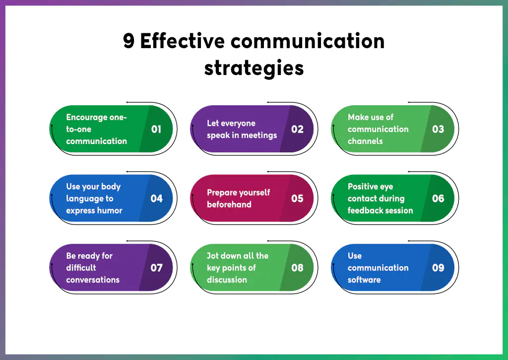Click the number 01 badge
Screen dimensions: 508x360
point(156,129)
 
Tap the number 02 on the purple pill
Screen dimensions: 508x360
point(297,129)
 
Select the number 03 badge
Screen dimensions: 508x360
point(438,129)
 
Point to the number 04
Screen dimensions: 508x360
point(156,199)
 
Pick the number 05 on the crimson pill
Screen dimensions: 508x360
point(297,199)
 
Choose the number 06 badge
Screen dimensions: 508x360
point(438,199)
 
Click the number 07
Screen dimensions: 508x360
point(156,268)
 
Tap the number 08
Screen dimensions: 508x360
point(297,268)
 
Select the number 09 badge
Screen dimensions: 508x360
point(438,268)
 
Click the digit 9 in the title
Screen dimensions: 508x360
point(128,41)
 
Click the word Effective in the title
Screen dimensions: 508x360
point(182,41)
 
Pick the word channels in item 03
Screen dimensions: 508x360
point(365,141)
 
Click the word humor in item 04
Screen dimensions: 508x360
point(110,211)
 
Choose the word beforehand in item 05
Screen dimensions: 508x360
point(229,205)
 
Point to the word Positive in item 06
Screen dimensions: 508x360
point(364,187)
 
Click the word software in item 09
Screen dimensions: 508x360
point(364,280)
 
